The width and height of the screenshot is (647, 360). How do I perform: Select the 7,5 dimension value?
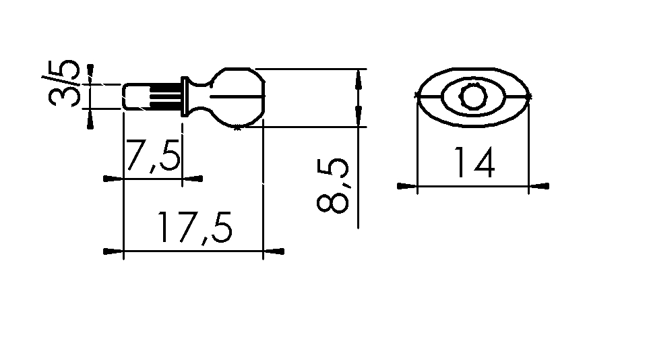(153, 156)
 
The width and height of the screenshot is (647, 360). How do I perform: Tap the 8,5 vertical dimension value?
(332, 185)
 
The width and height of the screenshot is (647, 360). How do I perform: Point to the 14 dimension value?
(474, 162)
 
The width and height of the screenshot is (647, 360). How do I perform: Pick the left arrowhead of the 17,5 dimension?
(113, 251)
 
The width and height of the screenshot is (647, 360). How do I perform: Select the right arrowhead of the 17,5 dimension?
(274, 251)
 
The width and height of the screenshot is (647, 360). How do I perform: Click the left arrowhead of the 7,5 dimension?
(113, 179)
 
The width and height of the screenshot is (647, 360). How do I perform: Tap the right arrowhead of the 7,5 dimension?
(193, 179)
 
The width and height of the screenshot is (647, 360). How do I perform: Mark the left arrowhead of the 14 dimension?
(407, 186)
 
